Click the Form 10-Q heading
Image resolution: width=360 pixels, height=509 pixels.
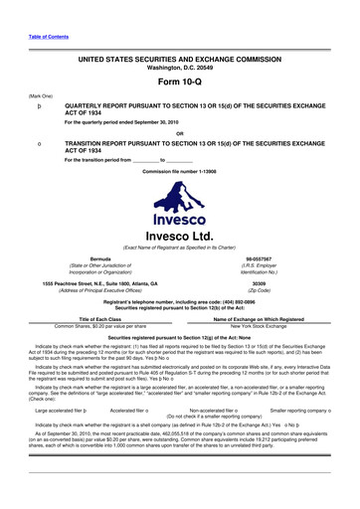point(179,81)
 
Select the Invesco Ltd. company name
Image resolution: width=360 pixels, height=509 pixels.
point(179,210)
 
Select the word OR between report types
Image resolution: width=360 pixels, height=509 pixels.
point(179,133)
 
